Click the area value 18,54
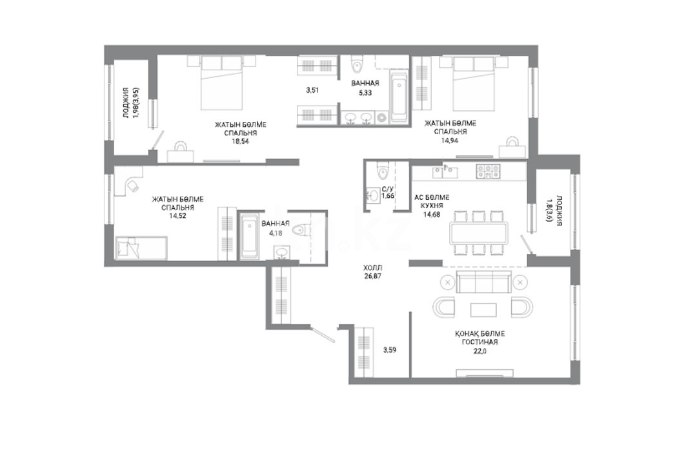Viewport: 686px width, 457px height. (240, 141)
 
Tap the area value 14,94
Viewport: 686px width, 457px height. (450, 140)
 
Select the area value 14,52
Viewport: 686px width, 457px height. (177, 215)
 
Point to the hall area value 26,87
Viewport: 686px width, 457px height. (372, 276)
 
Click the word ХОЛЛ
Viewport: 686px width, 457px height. (372, 268)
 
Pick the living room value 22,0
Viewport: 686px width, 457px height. (479, 350)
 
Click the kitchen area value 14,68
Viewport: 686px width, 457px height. (431, 214)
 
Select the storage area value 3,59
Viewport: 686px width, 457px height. (389, 349)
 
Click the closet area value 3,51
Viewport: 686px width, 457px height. (312, 90)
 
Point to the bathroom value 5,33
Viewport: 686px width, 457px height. (365, 92)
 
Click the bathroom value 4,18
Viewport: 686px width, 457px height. (275, 233)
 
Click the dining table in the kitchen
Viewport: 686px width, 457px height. (479, 233)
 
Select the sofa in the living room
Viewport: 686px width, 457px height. (483, 282)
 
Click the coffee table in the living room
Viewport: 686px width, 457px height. (483, 309)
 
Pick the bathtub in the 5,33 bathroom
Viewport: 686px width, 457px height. (399, 99)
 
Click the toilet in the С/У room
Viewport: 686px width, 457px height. (383, 170)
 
